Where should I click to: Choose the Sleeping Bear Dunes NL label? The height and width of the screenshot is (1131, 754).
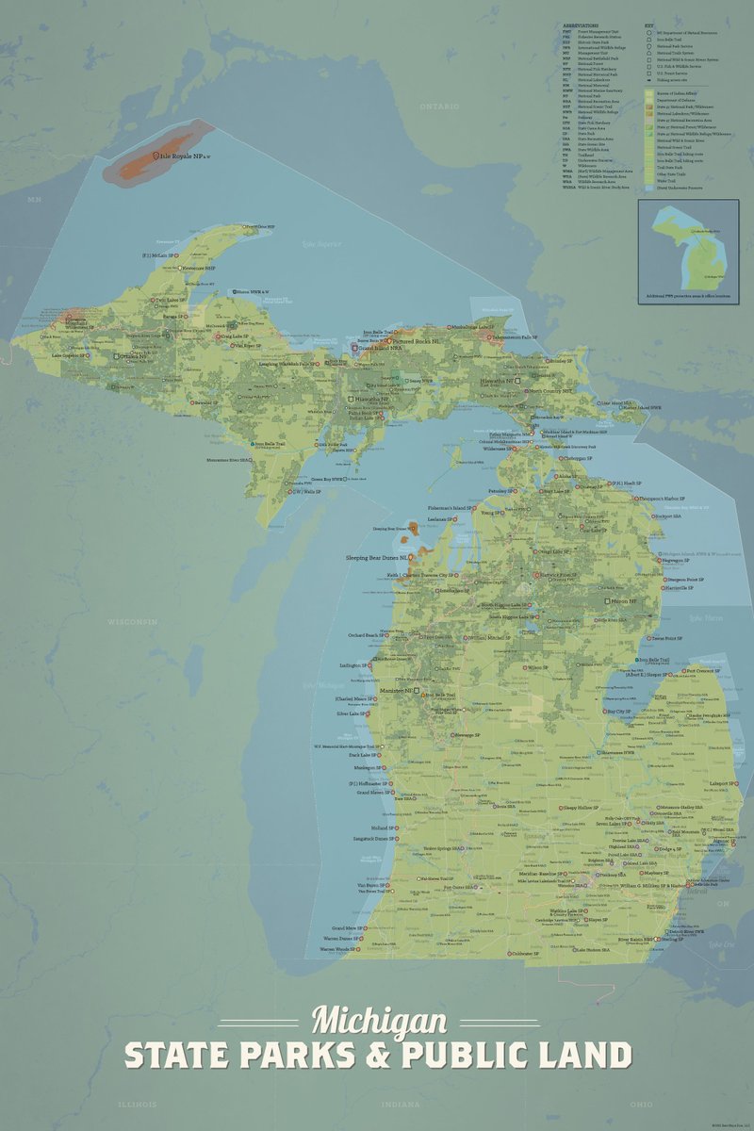(x=377, y=558)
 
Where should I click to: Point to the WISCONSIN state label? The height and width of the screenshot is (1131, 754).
(x=131, y=623)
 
